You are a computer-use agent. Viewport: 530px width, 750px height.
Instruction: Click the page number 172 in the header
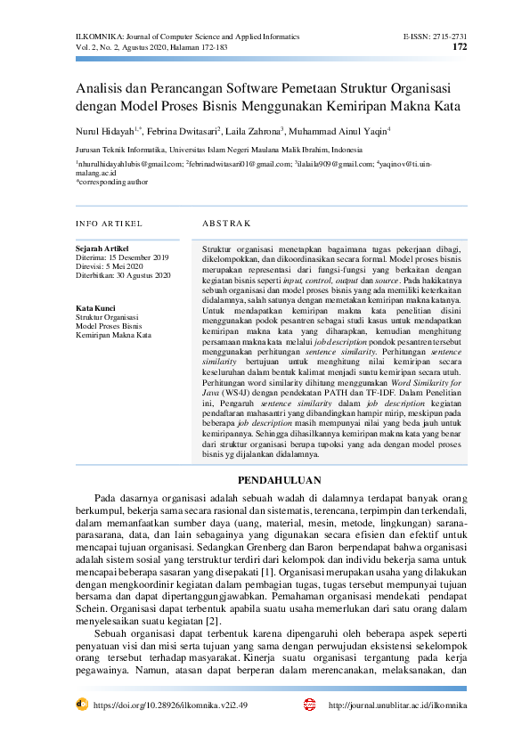point(460,47)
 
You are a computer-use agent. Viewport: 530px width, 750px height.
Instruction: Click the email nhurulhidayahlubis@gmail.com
point(131,165)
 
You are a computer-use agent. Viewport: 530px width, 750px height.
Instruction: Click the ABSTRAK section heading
point(227,223)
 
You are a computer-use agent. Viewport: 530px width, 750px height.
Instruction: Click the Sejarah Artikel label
point(102,248)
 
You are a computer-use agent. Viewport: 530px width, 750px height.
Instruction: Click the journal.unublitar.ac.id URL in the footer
point(397,705)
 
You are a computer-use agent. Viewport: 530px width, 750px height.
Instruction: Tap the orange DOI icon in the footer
point(82,704)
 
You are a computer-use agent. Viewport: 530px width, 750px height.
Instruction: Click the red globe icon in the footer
point(309,704)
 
